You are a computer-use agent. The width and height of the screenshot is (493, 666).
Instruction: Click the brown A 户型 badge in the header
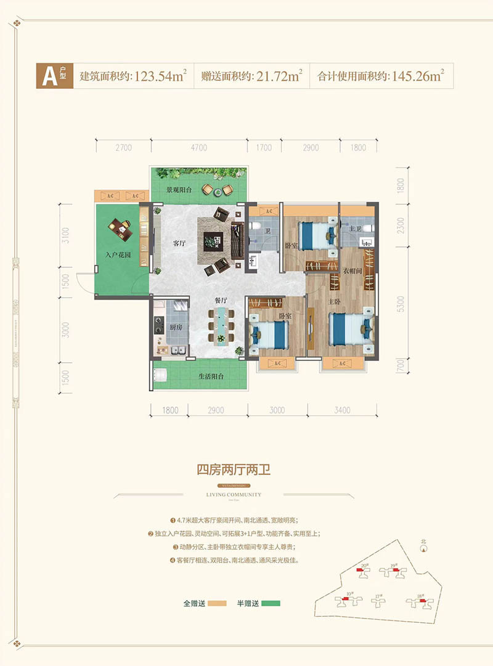54,77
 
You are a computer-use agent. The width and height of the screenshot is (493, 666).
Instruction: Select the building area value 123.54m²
158,77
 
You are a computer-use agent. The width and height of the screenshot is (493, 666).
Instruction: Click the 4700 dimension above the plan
199,148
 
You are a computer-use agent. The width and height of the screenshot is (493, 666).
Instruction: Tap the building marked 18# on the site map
418,602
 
